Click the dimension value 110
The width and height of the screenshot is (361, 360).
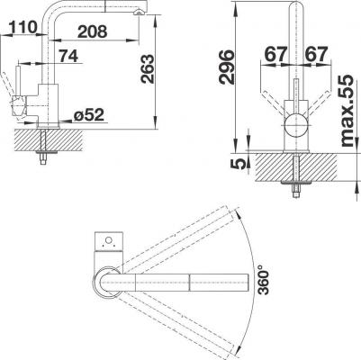pyautogui.click(x=23, y=28)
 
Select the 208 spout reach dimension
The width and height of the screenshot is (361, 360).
pyautogui.click(x=93, y=31)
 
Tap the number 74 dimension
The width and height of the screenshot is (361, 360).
pyautogui.click(x=68, y=56)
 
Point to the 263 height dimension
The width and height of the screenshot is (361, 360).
pyautogui.click(x=148, y=69)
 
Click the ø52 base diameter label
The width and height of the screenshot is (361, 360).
pyautogui.click(x=89, y=115)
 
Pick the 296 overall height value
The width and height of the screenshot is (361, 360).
pyautogui.click(x=227, y=67)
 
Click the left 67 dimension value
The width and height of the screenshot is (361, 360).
pyautogui.click(x=275, y=55)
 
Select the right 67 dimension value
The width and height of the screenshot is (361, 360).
pyautogui.click(x=316, y=55)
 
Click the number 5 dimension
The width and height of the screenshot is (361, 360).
pyautogui.click(x=238, y=164)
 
